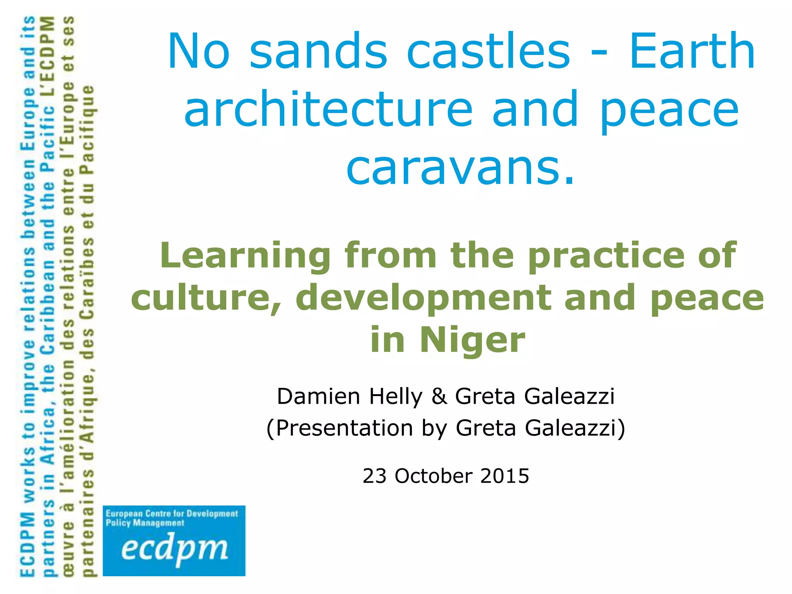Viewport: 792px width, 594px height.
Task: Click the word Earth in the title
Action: coord(692,51)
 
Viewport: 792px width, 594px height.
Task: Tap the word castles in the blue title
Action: coord(488,51)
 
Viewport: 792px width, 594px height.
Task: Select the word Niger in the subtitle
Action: coord(473,340)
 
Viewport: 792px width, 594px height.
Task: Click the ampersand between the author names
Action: coord(439,396)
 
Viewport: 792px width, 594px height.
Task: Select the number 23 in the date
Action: coord(374,476)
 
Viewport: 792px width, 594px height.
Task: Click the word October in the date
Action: coord(434,476)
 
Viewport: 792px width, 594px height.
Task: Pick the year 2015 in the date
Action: coord(505,476)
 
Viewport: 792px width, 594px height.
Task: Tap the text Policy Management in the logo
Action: coord(145,523)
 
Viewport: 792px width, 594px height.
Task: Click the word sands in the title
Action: coord(318,51)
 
